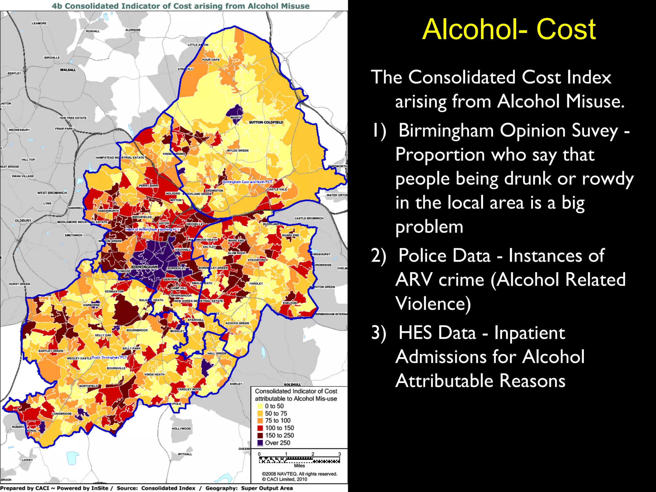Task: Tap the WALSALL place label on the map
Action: point(68,70)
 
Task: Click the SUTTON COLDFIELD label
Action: point(266,122)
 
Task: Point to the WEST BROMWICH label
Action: point(52,193)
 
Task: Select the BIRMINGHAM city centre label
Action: point(144,267)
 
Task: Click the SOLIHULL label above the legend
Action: point(292,384)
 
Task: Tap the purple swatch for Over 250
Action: point(260,443)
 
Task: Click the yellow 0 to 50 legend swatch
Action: point(260,406)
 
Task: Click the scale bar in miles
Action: point(299,460)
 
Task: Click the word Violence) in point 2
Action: point(433,304)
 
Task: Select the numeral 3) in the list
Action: point(379,332)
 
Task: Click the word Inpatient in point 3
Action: point(529,332)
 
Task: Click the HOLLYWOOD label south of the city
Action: point(181,429)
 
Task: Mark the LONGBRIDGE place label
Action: point(62,414)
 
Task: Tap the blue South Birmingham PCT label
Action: point(109,357)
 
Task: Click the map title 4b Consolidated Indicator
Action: point(181,6)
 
